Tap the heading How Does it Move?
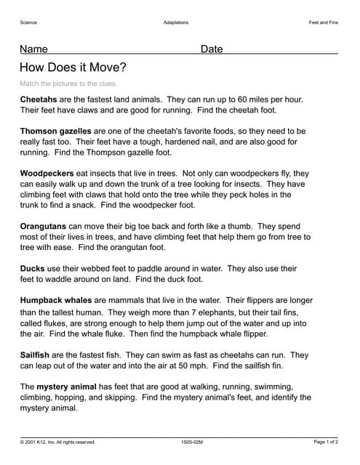pos(73,68)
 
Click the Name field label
pos(33,49)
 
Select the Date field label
pos(212,49)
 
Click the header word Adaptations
pos(176,23)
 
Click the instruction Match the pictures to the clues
pos(68,84)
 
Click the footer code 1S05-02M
pos(193,442)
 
